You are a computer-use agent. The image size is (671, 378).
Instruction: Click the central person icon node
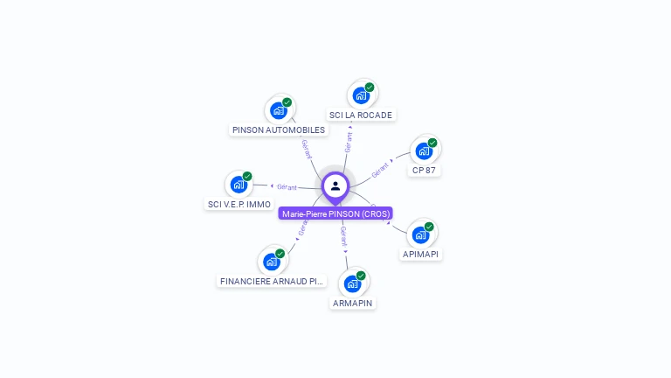(x=335, y=185)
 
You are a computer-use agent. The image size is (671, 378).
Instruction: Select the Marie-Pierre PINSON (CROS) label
(x=335, y=213)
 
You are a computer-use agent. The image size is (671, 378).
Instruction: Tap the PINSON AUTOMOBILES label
(x=279, y=130)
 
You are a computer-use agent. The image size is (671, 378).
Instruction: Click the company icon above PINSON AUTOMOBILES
(x=280, y=110)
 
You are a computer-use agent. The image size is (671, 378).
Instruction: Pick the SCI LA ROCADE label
(x=361, y=115)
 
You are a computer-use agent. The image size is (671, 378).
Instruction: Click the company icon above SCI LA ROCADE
(x=362, y=94)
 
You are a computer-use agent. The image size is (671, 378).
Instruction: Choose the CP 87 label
(x=424, y=170)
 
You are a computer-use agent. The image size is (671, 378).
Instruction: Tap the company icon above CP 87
(x=425, y=150)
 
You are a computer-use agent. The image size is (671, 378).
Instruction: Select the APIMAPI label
(x=421, y=254)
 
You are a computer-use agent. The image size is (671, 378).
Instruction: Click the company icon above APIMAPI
(x=421, y=234)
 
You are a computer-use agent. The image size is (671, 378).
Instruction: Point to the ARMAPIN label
(x=353, y=303)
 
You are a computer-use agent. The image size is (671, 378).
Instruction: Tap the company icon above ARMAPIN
(x=353, y=283)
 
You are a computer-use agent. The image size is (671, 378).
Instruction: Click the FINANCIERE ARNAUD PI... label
(x=272, y=281)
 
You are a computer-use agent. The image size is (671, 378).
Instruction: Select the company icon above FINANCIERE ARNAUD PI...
(x=273, y=261)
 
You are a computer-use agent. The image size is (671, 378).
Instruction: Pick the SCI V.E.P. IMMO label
(x=239, y=204)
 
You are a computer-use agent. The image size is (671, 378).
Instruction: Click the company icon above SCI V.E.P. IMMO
(x=239, y=184)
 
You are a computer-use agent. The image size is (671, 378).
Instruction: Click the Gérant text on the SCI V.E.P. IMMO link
(x=287, y=186)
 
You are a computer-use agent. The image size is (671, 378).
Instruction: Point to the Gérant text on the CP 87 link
(x=380, y=170)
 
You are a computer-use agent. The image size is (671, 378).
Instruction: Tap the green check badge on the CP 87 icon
(x=432, y=143)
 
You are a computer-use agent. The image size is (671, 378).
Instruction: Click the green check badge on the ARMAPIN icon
(x=361, y=276)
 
